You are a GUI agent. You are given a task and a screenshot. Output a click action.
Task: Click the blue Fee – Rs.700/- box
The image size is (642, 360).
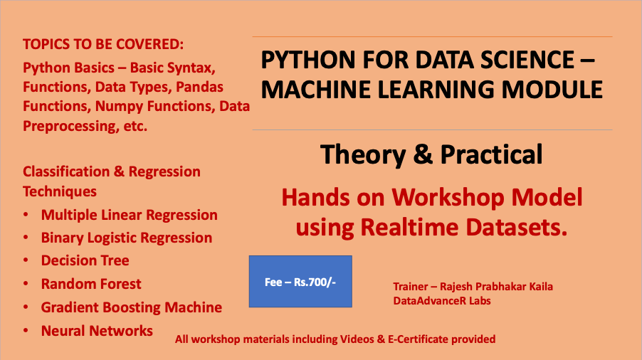300,282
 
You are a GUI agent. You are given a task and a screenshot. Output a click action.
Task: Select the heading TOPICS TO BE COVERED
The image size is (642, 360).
103,44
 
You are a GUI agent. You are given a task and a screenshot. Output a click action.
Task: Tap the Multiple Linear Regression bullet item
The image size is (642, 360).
129,215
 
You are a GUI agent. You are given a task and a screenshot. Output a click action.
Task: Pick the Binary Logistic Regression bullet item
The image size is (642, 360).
126,238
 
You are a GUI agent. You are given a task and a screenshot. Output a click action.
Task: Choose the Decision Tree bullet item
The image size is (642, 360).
85,260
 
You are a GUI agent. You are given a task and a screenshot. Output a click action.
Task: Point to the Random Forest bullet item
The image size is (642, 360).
91,284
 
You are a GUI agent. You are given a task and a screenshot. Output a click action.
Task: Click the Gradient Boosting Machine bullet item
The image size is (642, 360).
131,307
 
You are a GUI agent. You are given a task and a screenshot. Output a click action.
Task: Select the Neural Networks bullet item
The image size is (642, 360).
97,330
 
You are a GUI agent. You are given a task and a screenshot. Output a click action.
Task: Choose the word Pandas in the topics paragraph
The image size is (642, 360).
200,88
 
